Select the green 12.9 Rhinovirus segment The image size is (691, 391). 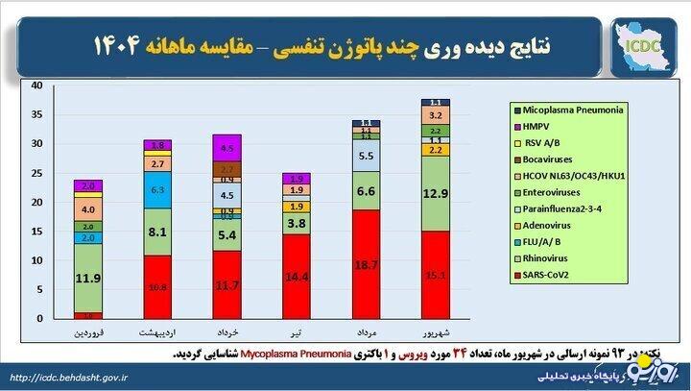tap(436, 194)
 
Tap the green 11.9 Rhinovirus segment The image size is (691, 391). tap(89, 280)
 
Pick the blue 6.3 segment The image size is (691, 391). tap(158, 190)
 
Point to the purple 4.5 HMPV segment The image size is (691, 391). tap(227, 149)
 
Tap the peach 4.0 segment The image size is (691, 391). tap(89, 208)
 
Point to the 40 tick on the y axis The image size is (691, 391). tap(36, 86)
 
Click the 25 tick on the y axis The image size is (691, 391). tap(36, 173)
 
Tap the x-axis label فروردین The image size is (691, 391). tap(89, 332)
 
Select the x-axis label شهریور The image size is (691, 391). tap(436, 332)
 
